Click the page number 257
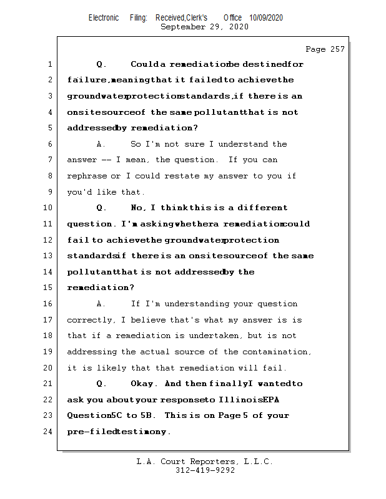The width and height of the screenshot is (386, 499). pyautogui.click(x=337, y=49)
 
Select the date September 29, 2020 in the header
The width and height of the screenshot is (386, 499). pyautogui.click(x=204, y=27)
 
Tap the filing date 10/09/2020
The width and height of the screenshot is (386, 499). pyautogui.click(x=265, y=18)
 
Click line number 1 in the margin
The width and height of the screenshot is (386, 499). pyautogui.click(x=50, y=64)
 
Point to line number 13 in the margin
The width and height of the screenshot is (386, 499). pyautogui.click(x=48, y=256)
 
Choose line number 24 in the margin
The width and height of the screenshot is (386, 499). pyautogui.click(x=48, y=432)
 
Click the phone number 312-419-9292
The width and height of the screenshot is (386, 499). pyautogui.click(x=205, y=471)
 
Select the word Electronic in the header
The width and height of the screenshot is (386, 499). pyautogui.click(x=104, y=18)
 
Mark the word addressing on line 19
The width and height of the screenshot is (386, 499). pyautogui.click(x=91, y=352)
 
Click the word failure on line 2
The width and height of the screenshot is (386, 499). pyautogui.click(x=87, y=80)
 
